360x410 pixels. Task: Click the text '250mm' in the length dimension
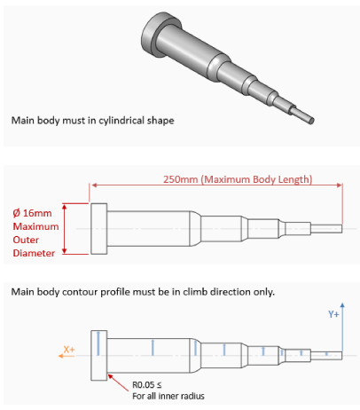click(180, 179)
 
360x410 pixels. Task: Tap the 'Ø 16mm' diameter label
click(32, 213)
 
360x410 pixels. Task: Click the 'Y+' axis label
click(333, 314)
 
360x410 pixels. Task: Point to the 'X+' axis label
click(69, 350)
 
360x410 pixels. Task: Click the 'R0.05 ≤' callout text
click(147, 385)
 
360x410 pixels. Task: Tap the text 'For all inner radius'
click(168, 396)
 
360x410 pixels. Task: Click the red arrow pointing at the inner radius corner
click(118, 382)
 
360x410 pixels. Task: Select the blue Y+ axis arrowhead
click(342, 305)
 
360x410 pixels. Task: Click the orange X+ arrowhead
click(60, 356)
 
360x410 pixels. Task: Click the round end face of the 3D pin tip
click(311, 120)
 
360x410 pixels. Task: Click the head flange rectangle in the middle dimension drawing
click(98, 229)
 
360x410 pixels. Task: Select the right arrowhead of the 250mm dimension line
click(340, 185)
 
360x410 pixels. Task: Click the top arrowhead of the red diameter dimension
click(65, 206)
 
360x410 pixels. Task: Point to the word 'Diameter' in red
click(34, 253)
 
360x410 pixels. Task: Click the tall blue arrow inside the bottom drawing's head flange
click(98, 343)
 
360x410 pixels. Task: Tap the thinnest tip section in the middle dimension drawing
click(326, 229)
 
